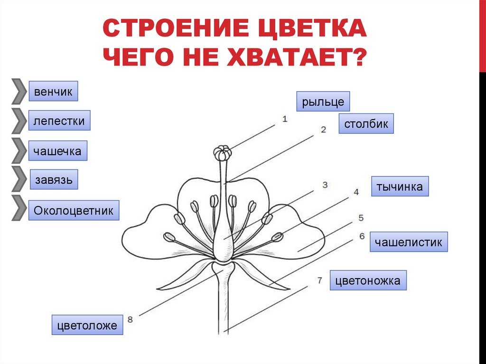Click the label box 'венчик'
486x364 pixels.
pos(53,91)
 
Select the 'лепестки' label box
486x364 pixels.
pos(59,121)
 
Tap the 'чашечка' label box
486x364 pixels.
pos(57,151)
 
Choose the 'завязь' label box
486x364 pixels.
pos(54,180)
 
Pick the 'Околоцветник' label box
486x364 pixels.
pos(74,210)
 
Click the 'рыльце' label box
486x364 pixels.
pos(323,102)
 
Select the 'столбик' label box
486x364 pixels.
pos(366,124)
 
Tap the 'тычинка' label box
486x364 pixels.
pos(400,187)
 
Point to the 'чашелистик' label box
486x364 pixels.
pos(409,242)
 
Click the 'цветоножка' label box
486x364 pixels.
pos(368,280)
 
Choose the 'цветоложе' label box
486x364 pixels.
pos(87,326)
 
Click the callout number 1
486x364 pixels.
pos(285,119)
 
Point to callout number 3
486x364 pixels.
pos(325,185)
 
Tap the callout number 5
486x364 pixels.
pos(361,218)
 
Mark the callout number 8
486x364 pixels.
pos(130,319)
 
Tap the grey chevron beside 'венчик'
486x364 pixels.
pos(19,91)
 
